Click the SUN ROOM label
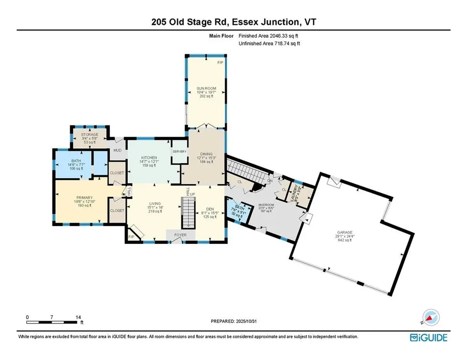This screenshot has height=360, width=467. point(206,88)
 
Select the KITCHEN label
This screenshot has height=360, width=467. point(149,158)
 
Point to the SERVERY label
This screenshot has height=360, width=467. point(179,152)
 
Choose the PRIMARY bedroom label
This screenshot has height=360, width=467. point(84,198)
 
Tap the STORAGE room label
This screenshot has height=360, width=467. point(90,135)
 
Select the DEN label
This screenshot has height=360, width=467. point(210,208)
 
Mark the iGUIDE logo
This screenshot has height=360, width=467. point(429,338)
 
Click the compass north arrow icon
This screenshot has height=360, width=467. point(430,317)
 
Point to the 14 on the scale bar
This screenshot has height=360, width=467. point(78,317)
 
